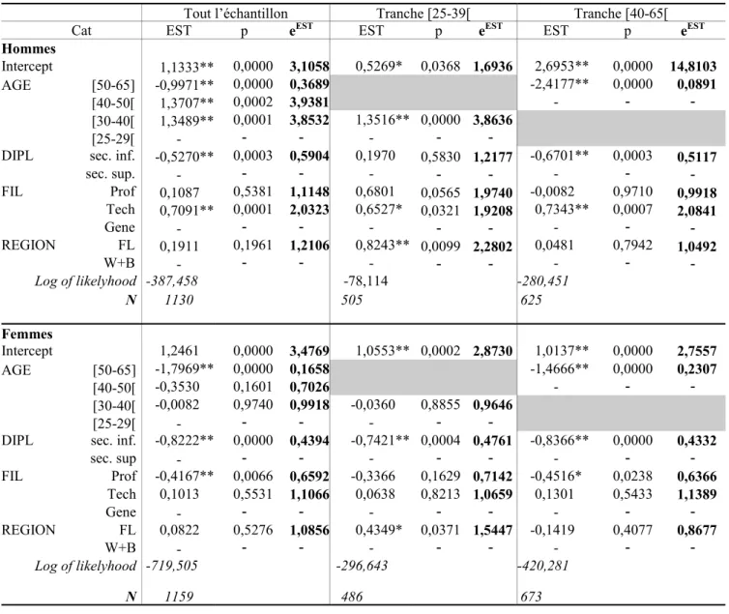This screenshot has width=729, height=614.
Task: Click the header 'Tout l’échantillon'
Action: click(236, 14)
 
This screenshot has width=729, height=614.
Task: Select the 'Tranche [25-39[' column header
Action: click(423, 14)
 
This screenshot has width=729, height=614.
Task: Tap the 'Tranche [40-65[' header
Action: click(621, 14)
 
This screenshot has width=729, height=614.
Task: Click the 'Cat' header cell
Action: click(81, 31)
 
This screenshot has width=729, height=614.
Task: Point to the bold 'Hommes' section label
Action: click(29, 48)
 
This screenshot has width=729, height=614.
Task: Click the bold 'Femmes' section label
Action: click(27, 334)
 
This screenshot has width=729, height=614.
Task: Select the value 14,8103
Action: click(693, 67)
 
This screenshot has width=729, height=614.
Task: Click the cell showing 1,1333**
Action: click(187, 67)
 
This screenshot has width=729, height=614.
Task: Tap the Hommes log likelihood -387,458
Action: click(172, 280)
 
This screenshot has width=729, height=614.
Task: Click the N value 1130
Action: click(179, 300)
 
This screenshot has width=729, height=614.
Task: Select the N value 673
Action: click(531, 597)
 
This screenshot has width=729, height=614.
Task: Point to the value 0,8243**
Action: click(382, 246)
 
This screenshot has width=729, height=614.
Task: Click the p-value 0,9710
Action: click(632, 191)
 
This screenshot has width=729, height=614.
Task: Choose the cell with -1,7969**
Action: click(184, 369)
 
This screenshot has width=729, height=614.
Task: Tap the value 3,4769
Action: click(309, 351)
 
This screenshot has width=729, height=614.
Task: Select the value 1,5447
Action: click(493, 530)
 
